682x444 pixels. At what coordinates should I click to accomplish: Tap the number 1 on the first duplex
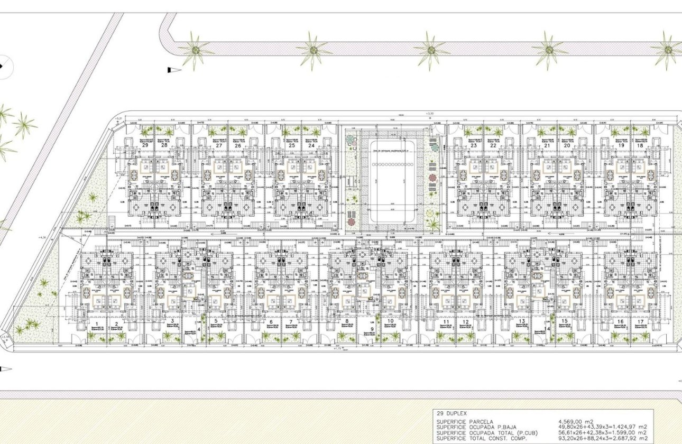97,322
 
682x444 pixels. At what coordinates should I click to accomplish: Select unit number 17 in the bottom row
641,322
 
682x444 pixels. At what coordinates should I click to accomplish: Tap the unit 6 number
271,322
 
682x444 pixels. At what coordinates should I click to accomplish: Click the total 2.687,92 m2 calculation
603,438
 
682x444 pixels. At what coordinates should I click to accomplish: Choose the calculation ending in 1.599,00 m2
603,432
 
